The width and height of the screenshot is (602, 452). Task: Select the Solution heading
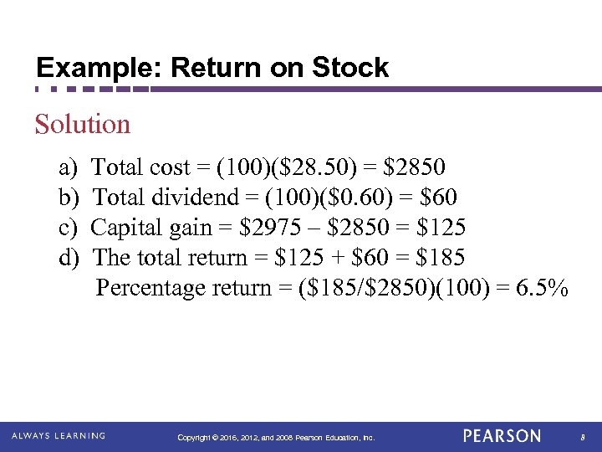coord(83,125)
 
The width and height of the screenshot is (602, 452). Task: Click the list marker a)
coord(69,167)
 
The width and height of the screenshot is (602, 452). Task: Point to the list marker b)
coord(69,198)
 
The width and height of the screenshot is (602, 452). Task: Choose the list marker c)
coord(69,228)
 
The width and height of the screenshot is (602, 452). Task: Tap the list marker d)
coord(69,258)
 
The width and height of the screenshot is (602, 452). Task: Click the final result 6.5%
coord(543,288)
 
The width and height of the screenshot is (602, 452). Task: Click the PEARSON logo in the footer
coord(502,436)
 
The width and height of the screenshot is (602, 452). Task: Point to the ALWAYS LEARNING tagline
coord(58,436)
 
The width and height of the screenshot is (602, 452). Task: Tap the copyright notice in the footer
coord(276,438)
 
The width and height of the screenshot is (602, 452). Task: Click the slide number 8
coord(582,437)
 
